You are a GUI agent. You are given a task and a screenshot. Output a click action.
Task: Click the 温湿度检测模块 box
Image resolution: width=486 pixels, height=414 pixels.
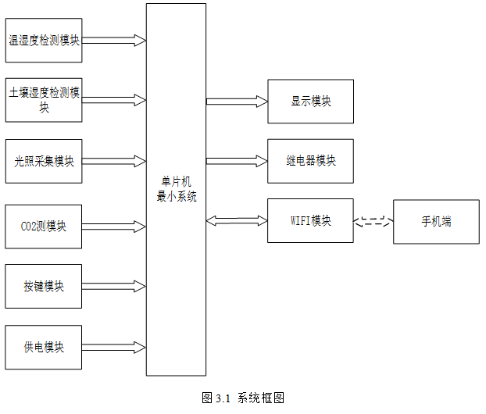click(44, 41)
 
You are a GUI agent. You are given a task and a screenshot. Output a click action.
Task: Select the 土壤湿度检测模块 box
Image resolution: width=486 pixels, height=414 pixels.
click(44, 100)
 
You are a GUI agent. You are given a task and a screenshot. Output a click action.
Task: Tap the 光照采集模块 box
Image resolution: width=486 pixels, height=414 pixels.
click(44, 161)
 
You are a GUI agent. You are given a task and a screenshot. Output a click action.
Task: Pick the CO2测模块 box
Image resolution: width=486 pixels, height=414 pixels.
click(44, 227)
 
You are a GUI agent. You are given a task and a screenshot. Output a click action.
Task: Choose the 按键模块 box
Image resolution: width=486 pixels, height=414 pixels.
click(44, 287)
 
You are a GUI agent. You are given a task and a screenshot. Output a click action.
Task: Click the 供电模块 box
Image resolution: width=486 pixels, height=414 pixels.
click(44, 348)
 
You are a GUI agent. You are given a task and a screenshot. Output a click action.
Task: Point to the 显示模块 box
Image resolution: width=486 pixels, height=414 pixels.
click(310, 102)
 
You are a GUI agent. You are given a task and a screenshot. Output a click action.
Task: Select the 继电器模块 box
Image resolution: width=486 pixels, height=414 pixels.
click(310, 161)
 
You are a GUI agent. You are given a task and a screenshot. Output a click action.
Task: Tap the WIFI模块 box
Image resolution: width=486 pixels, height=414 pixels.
click(310, 220)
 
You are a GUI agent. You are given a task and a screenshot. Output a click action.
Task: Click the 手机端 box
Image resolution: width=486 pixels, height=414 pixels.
click(437, 222)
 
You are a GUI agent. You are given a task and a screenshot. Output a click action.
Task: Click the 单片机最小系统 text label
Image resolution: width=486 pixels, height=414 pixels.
click(177, 189)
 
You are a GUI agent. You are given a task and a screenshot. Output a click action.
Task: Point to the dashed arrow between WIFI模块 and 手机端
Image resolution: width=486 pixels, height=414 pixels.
click(373, 221)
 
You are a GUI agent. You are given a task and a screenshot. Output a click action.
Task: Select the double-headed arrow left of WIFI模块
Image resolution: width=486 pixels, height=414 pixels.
click(237, 220)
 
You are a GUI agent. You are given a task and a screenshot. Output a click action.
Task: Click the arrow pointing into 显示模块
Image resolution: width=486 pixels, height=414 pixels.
click(237, 102)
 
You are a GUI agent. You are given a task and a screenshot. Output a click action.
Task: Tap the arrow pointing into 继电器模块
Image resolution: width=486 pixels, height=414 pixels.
click(237, 161)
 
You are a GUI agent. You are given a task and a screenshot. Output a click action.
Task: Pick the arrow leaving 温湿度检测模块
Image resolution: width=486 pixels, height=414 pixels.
click(114, 41)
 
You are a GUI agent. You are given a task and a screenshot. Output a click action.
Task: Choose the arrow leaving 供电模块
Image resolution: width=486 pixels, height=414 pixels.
click(114, 348)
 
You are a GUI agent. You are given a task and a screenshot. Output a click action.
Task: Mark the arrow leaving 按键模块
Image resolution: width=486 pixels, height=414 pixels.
click(114, 287)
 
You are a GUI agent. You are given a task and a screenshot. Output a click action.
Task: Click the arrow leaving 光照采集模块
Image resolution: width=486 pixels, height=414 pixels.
click(114, 161)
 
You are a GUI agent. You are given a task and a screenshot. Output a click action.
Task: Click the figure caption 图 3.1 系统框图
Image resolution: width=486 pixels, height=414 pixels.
click(243, 398)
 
